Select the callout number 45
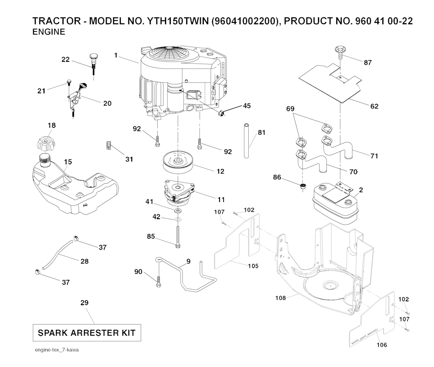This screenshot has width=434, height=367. click(247, 106)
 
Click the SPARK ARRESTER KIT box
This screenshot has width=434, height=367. click(86, 333)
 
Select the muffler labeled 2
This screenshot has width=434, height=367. click(335, 204)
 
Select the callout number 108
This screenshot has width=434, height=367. click(281, 298)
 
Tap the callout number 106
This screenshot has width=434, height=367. click(382, 345)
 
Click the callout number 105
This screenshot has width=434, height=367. click(253, 266)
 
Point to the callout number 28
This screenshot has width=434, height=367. click(84, 261)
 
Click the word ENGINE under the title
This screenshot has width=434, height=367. click(49, 32)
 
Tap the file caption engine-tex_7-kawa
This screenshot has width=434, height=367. click(58, 350)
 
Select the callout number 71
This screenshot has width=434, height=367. click(374, 156)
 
